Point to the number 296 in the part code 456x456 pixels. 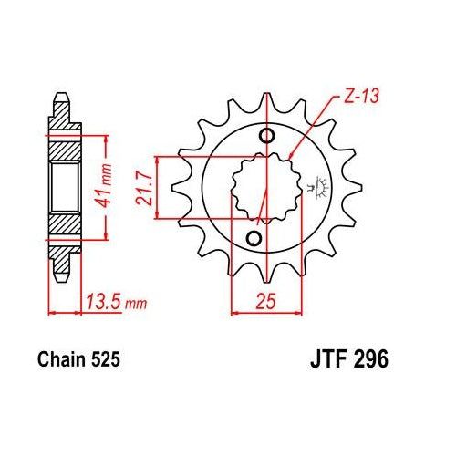369,360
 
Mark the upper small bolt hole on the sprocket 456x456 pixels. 267,138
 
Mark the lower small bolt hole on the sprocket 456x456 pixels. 254,238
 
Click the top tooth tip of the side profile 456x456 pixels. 62,101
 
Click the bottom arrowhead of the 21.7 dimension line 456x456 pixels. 161,216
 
